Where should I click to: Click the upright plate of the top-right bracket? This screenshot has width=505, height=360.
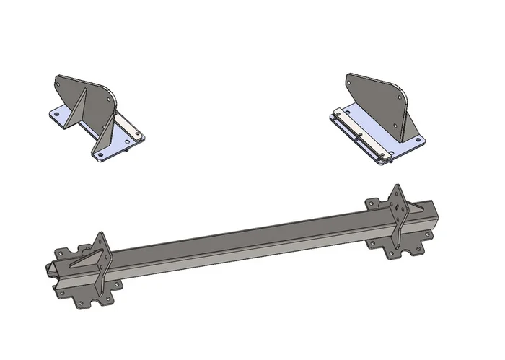[375, 97]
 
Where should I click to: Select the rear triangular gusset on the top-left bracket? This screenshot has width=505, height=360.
[77, 108]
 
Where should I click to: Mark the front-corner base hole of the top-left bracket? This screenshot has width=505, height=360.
[100, 154]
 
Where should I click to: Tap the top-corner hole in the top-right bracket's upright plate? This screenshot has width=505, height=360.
[351, 82]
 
